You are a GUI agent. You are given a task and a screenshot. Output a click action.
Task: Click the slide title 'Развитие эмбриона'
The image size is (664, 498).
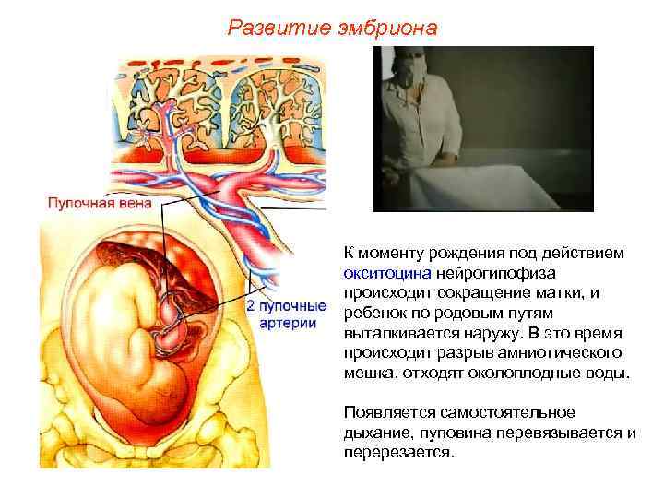[332, 29]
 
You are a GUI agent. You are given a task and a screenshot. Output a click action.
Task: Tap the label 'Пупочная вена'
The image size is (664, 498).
[89, 201]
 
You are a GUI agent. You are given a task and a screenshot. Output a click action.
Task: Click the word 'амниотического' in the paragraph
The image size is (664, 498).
[567, 354]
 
